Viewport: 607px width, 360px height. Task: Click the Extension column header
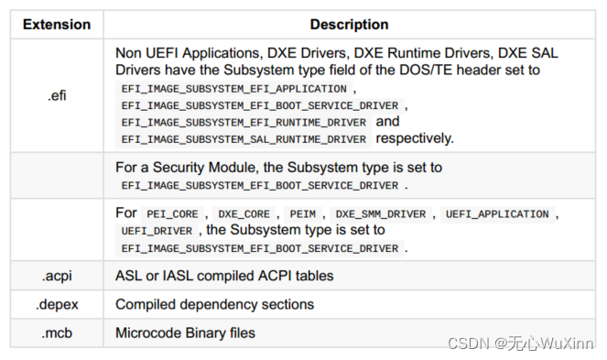coord(57,25)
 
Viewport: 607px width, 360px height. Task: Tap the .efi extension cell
coord(57,95)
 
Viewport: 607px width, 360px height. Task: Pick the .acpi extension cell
coord(57,276)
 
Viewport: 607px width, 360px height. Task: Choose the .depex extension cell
coord(57,304)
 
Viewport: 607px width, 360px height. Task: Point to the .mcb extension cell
coord(57,333)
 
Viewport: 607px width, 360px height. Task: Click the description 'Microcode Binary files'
coord(185,333)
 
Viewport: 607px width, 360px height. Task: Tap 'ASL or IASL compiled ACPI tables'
coord(224,276)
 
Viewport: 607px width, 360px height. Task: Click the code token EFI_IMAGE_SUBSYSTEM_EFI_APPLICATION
coord(233,89)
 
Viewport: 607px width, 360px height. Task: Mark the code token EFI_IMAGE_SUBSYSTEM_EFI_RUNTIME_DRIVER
coord(244,123)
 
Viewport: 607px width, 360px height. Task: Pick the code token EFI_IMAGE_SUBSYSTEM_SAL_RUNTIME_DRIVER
coord(244,139)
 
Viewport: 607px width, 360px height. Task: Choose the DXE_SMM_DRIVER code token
coord(380,214)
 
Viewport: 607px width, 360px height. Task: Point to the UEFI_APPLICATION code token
coord(497,214)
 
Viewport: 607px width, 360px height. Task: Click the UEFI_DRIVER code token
coord(157,231)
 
